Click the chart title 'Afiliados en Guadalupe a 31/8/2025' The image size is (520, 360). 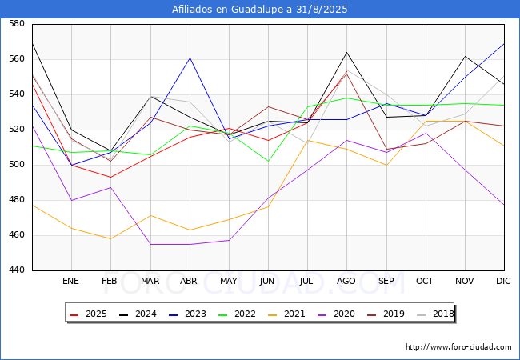(260, 10)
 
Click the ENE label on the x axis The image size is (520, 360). (71, 281)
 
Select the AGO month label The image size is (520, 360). (346, 281)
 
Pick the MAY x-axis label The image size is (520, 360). (229, 281)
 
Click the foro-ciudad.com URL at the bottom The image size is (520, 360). (458, 347)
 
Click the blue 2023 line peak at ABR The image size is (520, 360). (190, 58)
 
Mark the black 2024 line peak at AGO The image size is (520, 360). (346, 52)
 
